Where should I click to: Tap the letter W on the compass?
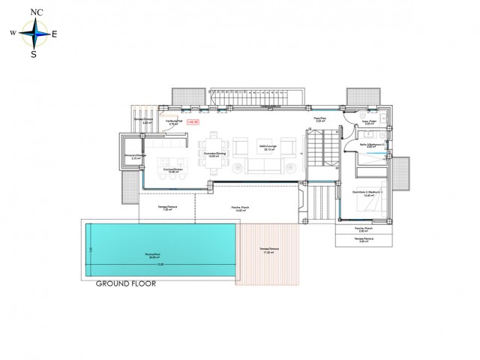12,33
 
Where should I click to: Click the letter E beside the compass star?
54,33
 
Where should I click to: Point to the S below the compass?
33,52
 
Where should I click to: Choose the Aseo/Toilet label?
368,123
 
